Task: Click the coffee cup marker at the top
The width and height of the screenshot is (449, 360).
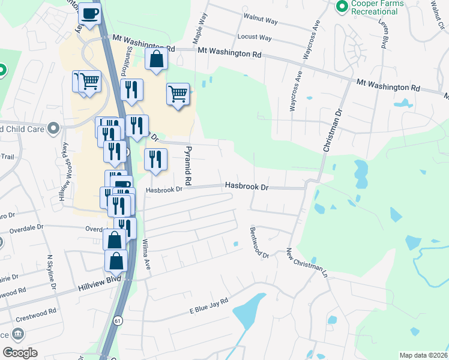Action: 90,14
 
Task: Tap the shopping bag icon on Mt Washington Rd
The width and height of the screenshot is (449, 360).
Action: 156,60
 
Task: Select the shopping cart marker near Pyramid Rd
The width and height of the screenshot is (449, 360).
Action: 178,94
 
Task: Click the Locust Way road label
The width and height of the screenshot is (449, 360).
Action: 255,37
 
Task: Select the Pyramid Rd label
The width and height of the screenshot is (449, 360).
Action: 188,164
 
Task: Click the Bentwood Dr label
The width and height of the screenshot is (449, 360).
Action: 261,242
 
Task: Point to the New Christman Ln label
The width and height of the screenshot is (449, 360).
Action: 307,262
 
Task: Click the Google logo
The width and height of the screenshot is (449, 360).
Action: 20,353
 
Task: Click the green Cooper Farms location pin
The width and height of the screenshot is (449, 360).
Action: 342,7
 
